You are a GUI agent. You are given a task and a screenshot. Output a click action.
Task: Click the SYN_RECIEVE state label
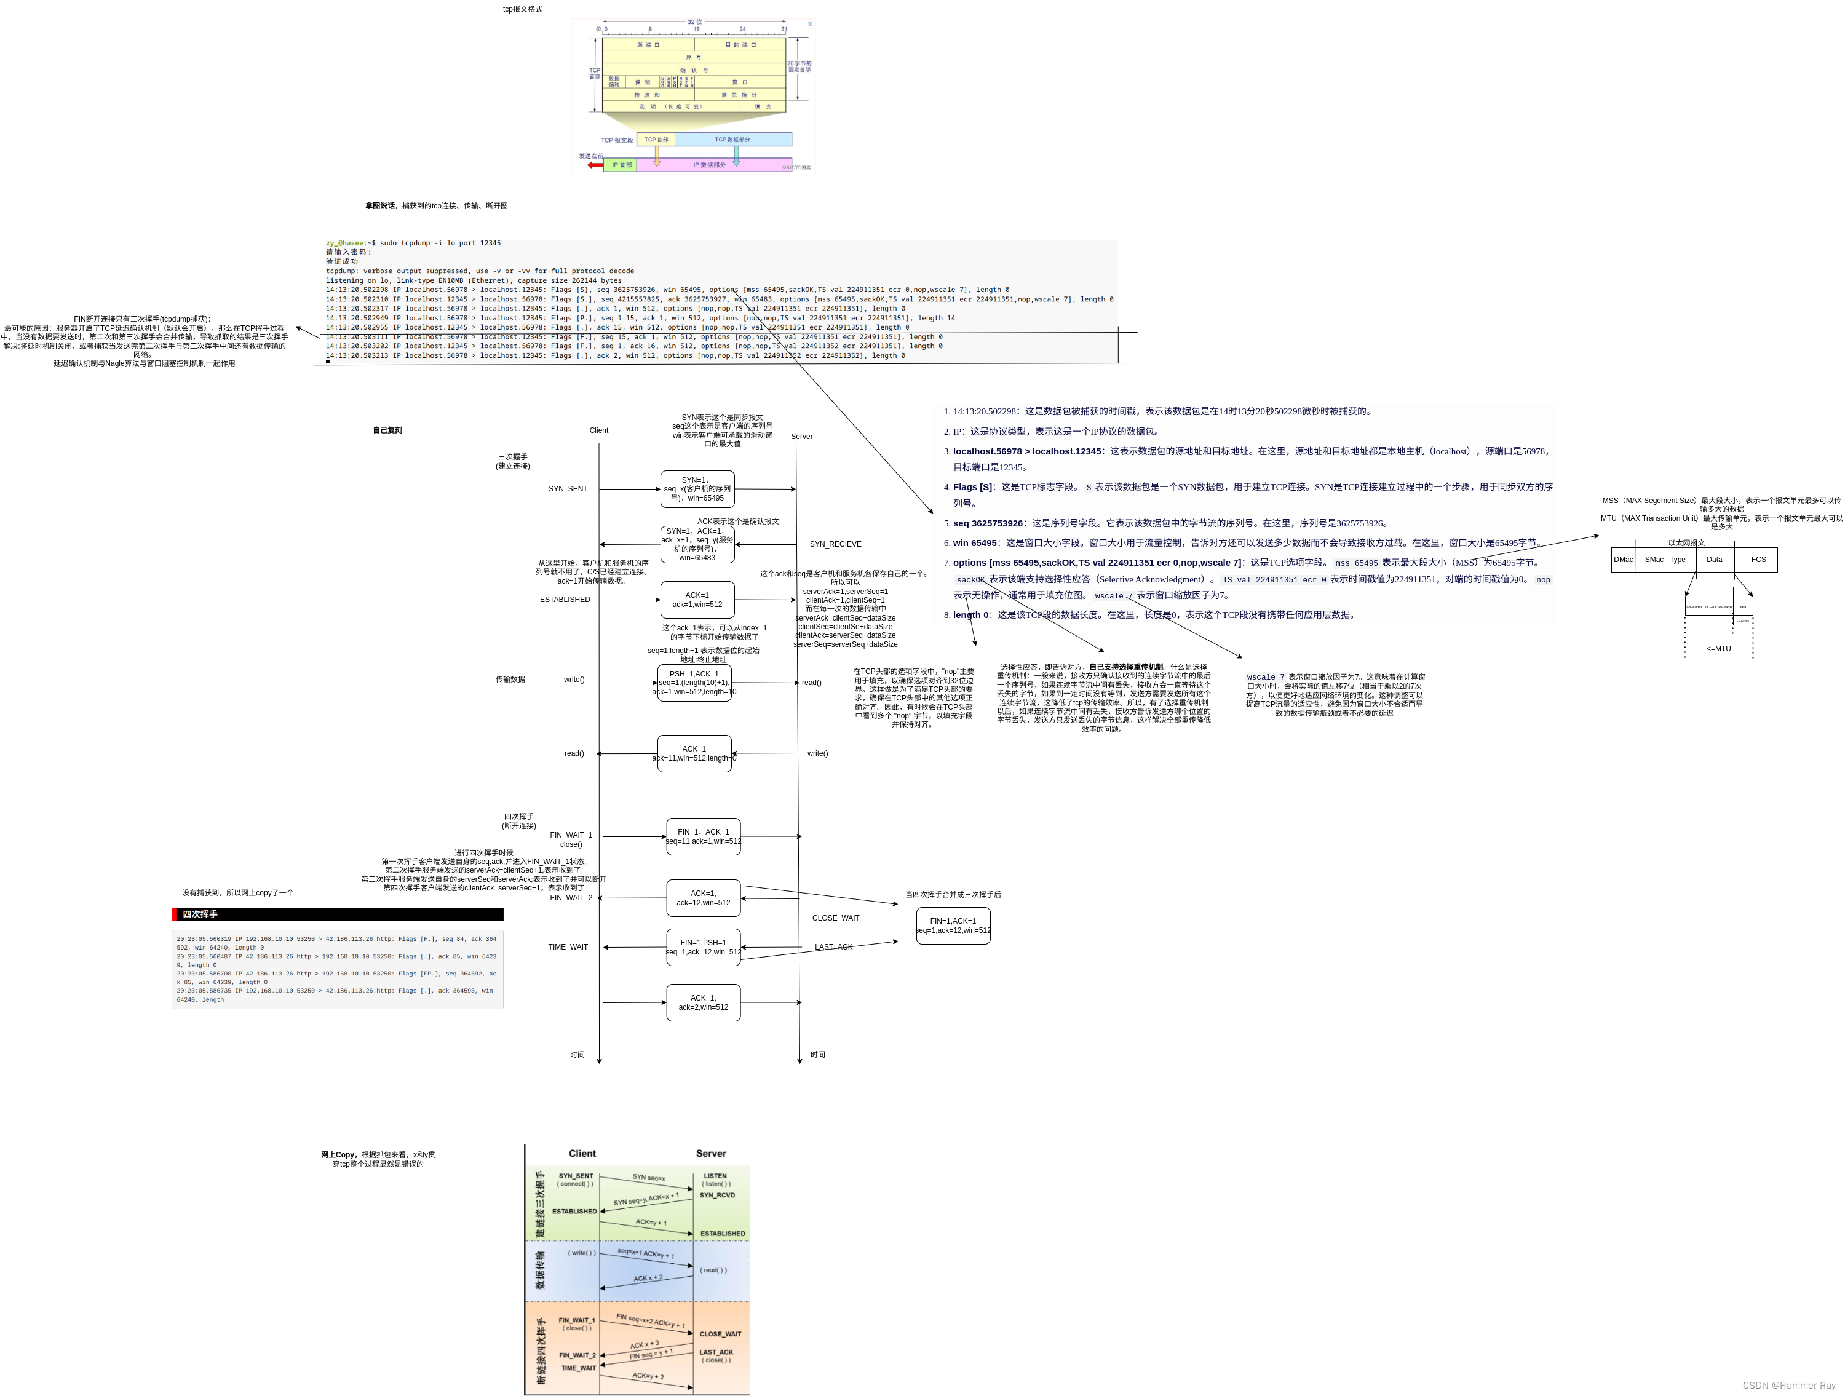[835, 544]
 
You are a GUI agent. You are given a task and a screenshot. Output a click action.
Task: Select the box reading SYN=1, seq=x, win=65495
[697, 490]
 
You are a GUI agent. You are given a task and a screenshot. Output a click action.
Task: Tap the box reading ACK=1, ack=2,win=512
[703, 1002]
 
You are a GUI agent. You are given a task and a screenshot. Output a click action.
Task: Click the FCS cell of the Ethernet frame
[1758, 560]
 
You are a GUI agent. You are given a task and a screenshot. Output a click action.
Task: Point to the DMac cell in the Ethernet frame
[1623, 560]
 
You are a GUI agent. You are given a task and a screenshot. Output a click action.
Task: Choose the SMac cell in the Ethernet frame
[1654, 560]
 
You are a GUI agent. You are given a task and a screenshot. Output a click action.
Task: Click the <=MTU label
[1718, 649]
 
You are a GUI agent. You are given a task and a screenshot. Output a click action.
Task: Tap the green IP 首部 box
[621, 165]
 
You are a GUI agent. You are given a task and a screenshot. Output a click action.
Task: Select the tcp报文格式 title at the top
[522, 9]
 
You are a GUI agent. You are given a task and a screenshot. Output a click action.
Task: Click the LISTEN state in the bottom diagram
[715, 1176]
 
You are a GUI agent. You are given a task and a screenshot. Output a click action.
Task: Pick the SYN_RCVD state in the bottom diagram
[717, 1195]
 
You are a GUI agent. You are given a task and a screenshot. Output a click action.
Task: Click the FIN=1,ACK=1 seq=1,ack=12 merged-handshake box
[953, 926]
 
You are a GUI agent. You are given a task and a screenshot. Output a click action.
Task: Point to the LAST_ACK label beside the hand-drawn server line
[833, 947]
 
